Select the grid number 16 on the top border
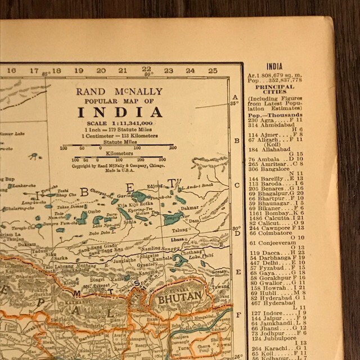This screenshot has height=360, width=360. point(12,71)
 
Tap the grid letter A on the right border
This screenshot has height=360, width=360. point(235,97)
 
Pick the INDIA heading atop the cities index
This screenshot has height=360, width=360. point(274,66)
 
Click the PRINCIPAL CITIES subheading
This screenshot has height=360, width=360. point(274,91)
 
